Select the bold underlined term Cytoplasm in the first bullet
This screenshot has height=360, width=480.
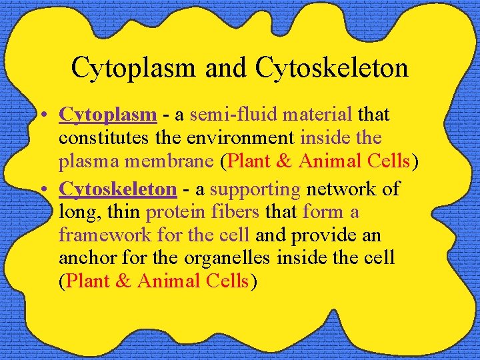tap(108, 115)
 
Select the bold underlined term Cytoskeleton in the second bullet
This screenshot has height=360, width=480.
tap(118, 189)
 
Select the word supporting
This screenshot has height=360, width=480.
tap(255, 190)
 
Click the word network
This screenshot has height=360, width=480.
tap(339, 189)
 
